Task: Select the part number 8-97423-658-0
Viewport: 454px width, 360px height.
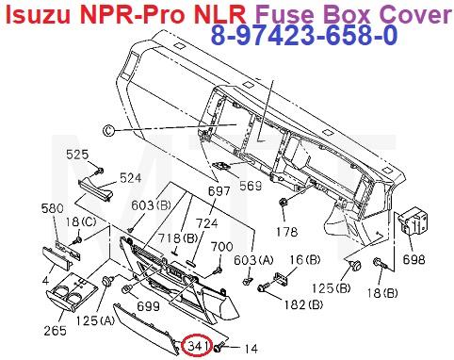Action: (303, 36)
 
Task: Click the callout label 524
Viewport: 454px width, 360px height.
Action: (129, 175)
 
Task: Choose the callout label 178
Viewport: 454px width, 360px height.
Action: (285, 229)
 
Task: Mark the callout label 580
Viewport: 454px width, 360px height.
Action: (53, 208)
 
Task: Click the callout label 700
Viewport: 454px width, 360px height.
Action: (221, 247)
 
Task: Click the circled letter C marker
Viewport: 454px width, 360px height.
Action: (107, 130)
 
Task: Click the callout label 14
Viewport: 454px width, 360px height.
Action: (250, 350)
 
